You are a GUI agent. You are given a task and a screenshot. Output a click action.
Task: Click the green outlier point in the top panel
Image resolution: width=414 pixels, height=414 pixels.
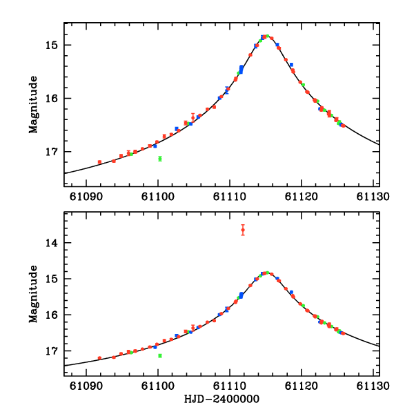click(x=159, y=159)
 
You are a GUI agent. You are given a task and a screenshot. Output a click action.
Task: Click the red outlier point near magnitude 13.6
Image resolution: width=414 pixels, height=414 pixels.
click(x=243, y=230)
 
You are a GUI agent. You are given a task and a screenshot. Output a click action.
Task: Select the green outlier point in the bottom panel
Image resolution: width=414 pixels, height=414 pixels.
click(x=159, y=355)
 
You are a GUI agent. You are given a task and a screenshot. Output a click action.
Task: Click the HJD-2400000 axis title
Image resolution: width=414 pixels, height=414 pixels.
click(x=221, y=400)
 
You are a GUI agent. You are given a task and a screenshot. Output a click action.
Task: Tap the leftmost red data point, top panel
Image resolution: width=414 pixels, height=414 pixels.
click(x=99, y=162)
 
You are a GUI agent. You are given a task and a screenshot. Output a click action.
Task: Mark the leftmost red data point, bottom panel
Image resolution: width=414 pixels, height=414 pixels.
click(x=99, y=358)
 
